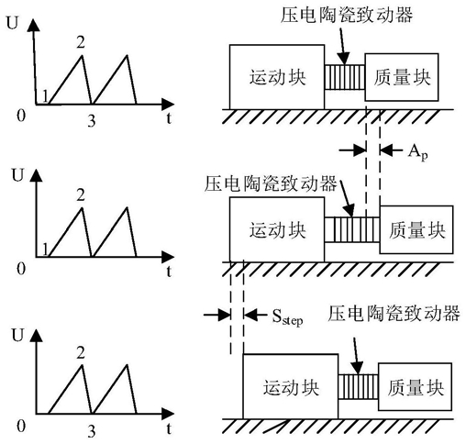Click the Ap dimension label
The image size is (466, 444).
[x=417, y=152]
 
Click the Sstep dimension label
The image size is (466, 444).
[x=287, y=317]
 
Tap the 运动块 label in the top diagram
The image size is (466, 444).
[x=277, y=77]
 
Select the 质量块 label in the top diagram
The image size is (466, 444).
[x=402, y=77]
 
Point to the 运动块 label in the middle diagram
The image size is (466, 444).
[x=277, y=230]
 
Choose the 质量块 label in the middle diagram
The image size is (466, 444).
[x=416, y=230]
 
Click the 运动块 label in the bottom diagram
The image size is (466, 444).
[x=291, y=387]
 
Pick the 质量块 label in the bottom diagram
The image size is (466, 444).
[x=416, y=387]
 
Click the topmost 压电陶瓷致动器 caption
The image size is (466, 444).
[x=347, y=15]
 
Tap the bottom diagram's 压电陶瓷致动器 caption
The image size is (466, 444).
[x=394, y=313]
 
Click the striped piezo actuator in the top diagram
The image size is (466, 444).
[x=345, y=77]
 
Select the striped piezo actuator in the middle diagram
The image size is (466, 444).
[x=352, y=229]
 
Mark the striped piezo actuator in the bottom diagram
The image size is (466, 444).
[x=359, y=386]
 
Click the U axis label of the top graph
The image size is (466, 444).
[x=12, y=23]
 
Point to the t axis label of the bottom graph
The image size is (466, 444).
[x=169, y=428]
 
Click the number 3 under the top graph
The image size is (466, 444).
[x=92, y=121]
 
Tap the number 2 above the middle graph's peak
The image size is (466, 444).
[x=81, y=195]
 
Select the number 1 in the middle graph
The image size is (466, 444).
[x=45, y=250]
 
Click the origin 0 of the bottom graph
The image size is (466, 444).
[x=21, y=427]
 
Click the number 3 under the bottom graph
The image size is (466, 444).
[x=92, y=431]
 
